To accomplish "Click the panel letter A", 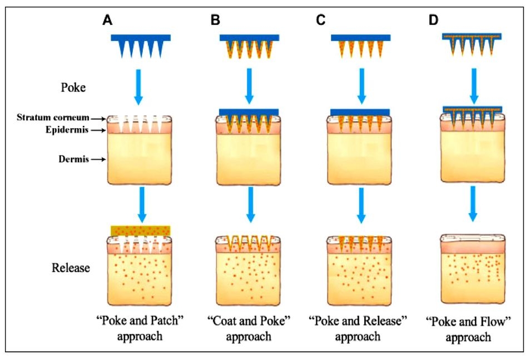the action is tap(107, 21).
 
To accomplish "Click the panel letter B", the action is tap(215, 21).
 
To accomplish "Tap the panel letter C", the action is tap(320, 21).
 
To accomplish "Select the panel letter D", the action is tap(433, 21).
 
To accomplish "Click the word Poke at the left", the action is tap(73, 88).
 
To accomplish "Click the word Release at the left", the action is tap(71, 268).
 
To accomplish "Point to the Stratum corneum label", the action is tap(53, 118).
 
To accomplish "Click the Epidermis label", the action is tap(67, 130).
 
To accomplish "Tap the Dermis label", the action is tap(74, 159).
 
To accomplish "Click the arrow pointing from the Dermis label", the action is tap(98, 159).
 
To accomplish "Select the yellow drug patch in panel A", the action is tap(141, 231).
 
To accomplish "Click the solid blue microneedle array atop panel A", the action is tap(141, 46).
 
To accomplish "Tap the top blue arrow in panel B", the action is tap(249, 86).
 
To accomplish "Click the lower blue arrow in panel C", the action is tap(361, 205).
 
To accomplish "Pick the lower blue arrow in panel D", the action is tap(473, 204).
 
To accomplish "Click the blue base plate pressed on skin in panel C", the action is tap(360, 112).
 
